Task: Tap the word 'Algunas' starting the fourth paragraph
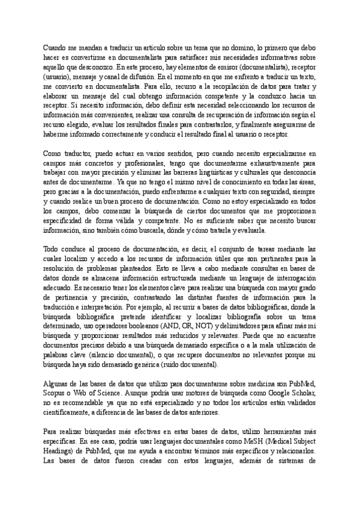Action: pyautogui.click(x=56, y=384)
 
